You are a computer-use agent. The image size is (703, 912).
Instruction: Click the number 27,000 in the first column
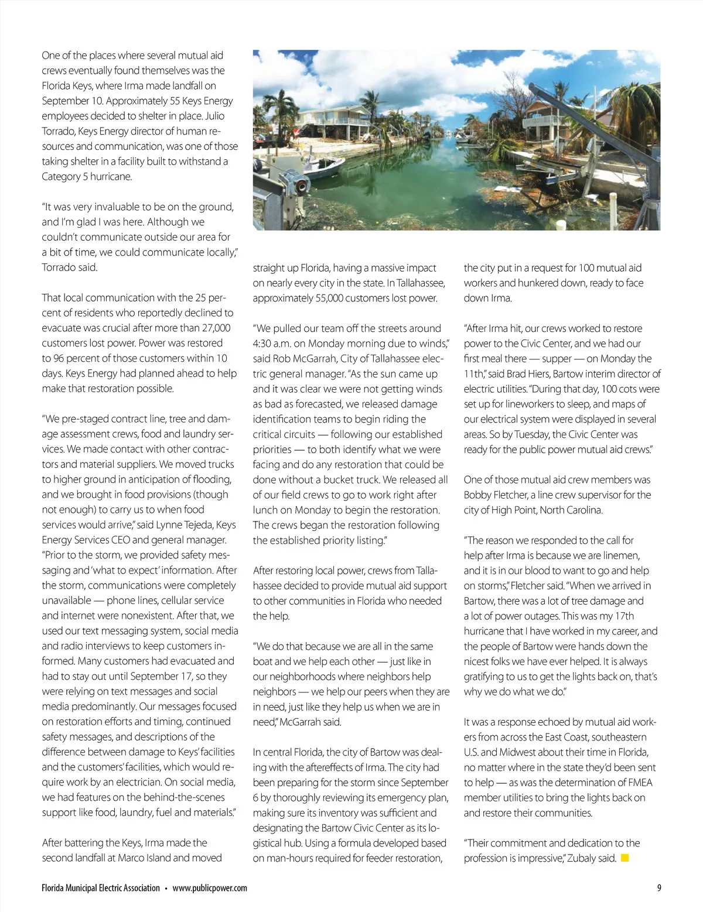coord(216,328)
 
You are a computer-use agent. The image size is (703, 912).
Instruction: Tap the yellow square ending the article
coord(624,858)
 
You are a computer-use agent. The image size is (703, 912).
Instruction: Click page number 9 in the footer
coord(659,888)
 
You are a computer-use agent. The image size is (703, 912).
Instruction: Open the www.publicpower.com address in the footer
coord(210,888)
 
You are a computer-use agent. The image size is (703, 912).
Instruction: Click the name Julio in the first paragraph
coord(214,116)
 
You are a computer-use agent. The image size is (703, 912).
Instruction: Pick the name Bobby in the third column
coord(477,495)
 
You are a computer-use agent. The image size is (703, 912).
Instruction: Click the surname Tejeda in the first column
coord(200,524)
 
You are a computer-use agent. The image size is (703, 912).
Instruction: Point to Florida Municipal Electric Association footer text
coord(101,888)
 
